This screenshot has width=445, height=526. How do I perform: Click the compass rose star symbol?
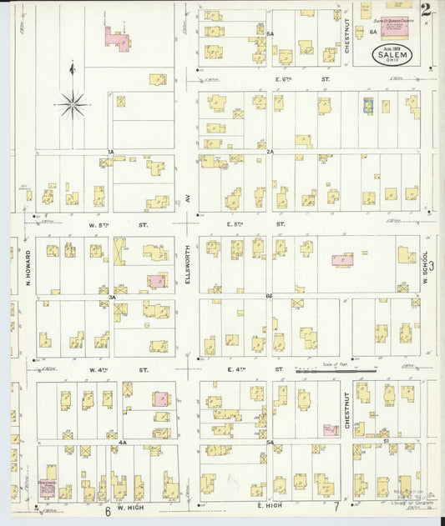tap(73, 103)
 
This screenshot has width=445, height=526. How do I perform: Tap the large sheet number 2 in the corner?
tap(426, 11)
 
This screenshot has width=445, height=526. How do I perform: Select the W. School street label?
tap(426, 267)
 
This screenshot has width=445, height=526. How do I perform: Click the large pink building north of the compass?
tap(118, 38)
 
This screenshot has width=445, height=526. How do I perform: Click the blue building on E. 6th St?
tap(367, 106)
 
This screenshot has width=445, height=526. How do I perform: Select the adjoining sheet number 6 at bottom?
tap(108, 510)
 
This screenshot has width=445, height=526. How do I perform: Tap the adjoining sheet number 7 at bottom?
tap(336, 507)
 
